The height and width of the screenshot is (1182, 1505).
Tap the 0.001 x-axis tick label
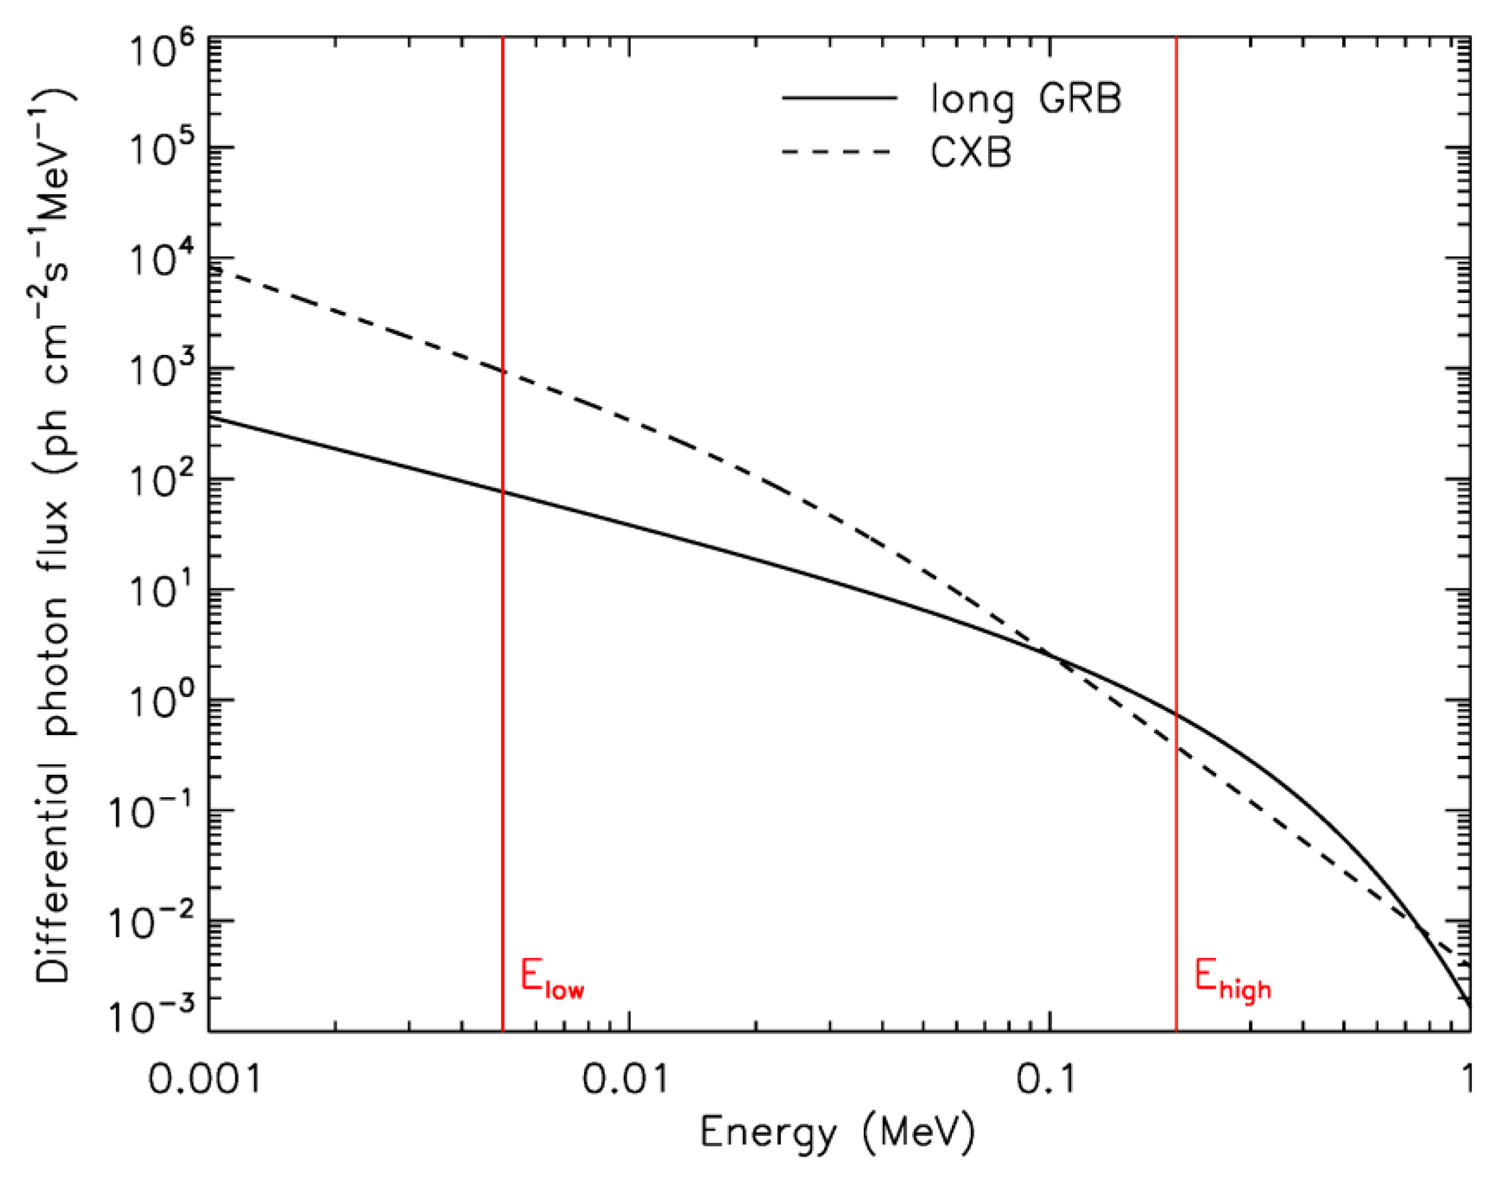205,1077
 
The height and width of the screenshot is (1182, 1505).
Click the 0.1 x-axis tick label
1046,1077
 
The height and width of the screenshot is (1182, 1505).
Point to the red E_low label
552,980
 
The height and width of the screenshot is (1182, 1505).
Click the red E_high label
1233,980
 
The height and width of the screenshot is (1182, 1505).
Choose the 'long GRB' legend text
1025,99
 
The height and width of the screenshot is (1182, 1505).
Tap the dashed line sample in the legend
836,151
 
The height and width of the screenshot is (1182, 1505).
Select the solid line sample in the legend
839,98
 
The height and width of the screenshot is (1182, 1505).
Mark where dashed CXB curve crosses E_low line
502,372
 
